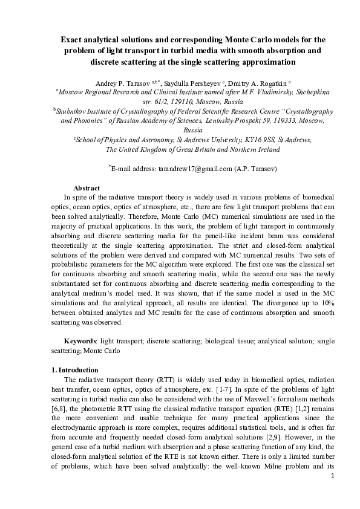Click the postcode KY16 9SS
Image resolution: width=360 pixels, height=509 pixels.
click(266, 140)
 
